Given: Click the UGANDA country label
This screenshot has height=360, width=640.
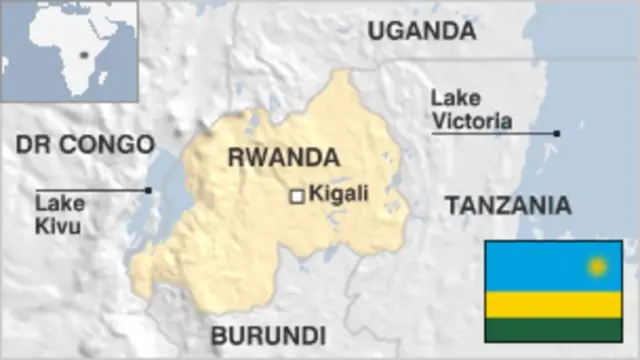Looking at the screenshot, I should (421, 31).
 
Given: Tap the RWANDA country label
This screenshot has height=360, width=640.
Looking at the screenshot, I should (283, 157).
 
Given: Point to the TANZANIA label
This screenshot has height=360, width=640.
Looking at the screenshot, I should (508, 206).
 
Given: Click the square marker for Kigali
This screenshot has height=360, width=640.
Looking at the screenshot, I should (297, 197).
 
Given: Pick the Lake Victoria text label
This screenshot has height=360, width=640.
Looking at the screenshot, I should (472, 110).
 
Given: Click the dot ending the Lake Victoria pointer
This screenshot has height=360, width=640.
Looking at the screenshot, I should (557, 132).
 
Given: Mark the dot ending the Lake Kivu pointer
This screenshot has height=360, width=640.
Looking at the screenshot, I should (148, 190).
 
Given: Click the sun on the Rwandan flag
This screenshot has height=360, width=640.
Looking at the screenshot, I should (598, 266).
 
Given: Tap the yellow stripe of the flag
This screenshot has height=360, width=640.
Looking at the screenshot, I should (553, 305).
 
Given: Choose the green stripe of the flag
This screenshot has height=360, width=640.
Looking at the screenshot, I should (553, 330).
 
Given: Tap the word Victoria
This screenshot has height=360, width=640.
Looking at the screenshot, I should (474, 121).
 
